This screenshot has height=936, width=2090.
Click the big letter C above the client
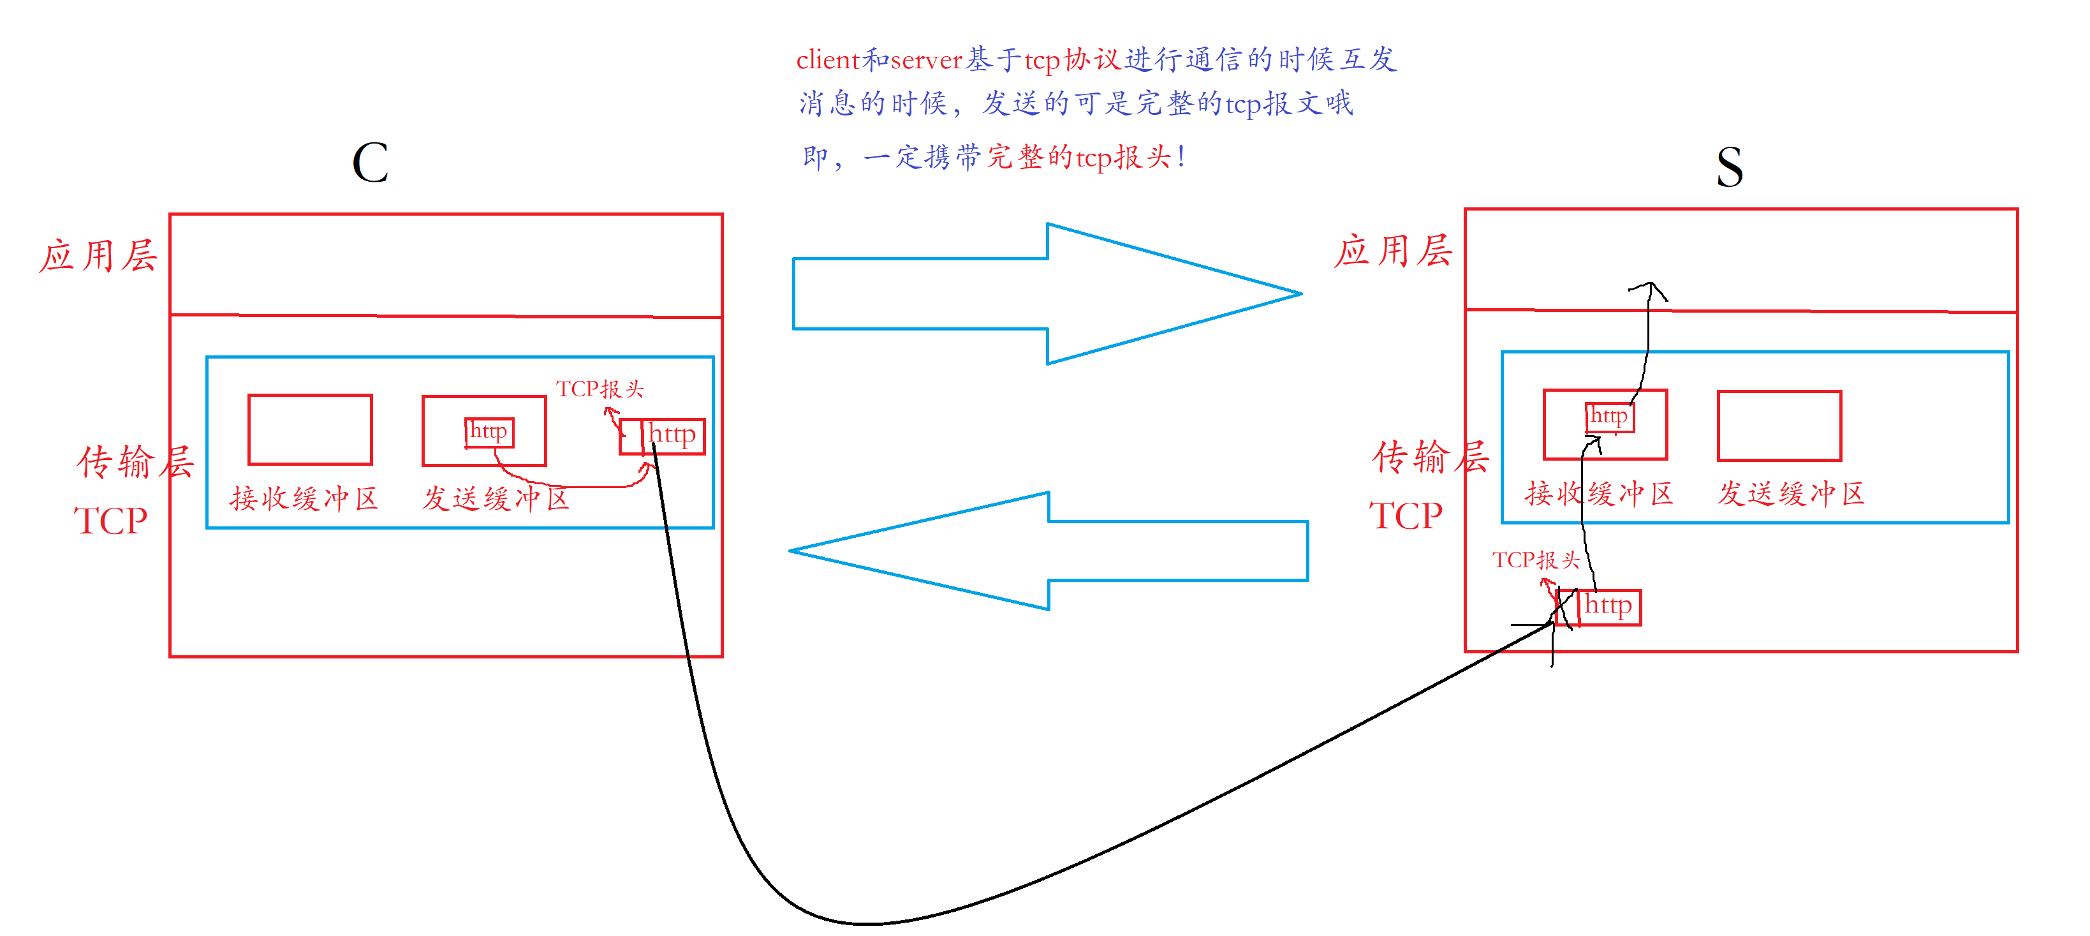[x=370, y=163]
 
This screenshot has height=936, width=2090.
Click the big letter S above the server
[x=1729, y=167]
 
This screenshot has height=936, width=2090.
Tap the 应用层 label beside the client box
[x=98, y=256]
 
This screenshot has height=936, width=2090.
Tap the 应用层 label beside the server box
[x=1392, y=251]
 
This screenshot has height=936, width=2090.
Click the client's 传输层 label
[x=135, y=462]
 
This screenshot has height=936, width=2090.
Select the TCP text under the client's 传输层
[x=110, y=521]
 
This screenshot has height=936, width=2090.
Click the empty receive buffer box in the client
[x=310, y=430]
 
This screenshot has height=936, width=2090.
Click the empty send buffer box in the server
[x=1779, y=426]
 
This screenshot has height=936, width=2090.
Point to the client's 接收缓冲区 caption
[x=304, y=498]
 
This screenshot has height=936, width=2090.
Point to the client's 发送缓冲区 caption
[x=496, y=498]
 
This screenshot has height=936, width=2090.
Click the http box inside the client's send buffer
[x=489, y=432]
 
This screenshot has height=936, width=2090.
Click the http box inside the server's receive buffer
[x=1609, y=417]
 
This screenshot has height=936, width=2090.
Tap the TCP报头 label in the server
[x=1536, y=560]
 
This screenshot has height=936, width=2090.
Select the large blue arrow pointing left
[x=1049, y=551]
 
